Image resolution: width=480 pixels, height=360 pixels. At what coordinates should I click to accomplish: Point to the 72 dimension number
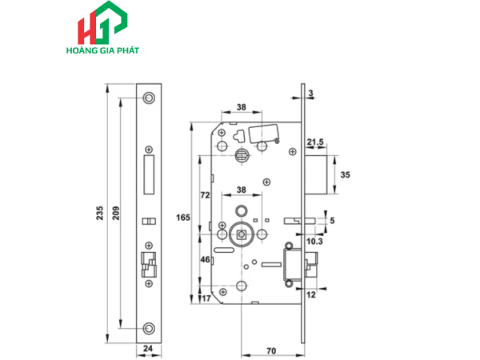(205, 195)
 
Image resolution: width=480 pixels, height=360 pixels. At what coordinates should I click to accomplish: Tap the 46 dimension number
(204, 260)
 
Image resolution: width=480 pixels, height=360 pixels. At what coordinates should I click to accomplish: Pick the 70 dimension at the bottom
(273, 350)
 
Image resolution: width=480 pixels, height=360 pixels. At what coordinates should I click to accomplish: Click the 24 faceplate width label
(148, 350)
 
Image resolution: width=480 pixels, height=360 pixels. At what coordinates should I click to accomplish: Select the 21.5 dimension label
(315, 142)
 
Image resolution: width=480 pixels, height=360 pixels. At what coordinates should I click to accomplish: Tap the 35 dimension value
(346, 174)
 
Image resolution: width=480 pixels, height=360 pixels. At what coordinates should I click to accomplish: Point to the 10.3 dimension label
(314, 240)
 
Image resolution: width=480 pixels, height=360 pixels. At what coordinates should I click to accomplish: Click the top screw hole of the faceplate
(148, 97)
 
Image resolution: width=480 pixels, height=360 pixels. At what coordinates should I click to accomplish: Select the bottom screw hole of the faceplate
(148, 326)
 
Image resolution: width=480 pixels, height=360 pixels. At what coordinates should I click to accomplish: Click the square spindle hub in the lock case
(241, 237)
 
